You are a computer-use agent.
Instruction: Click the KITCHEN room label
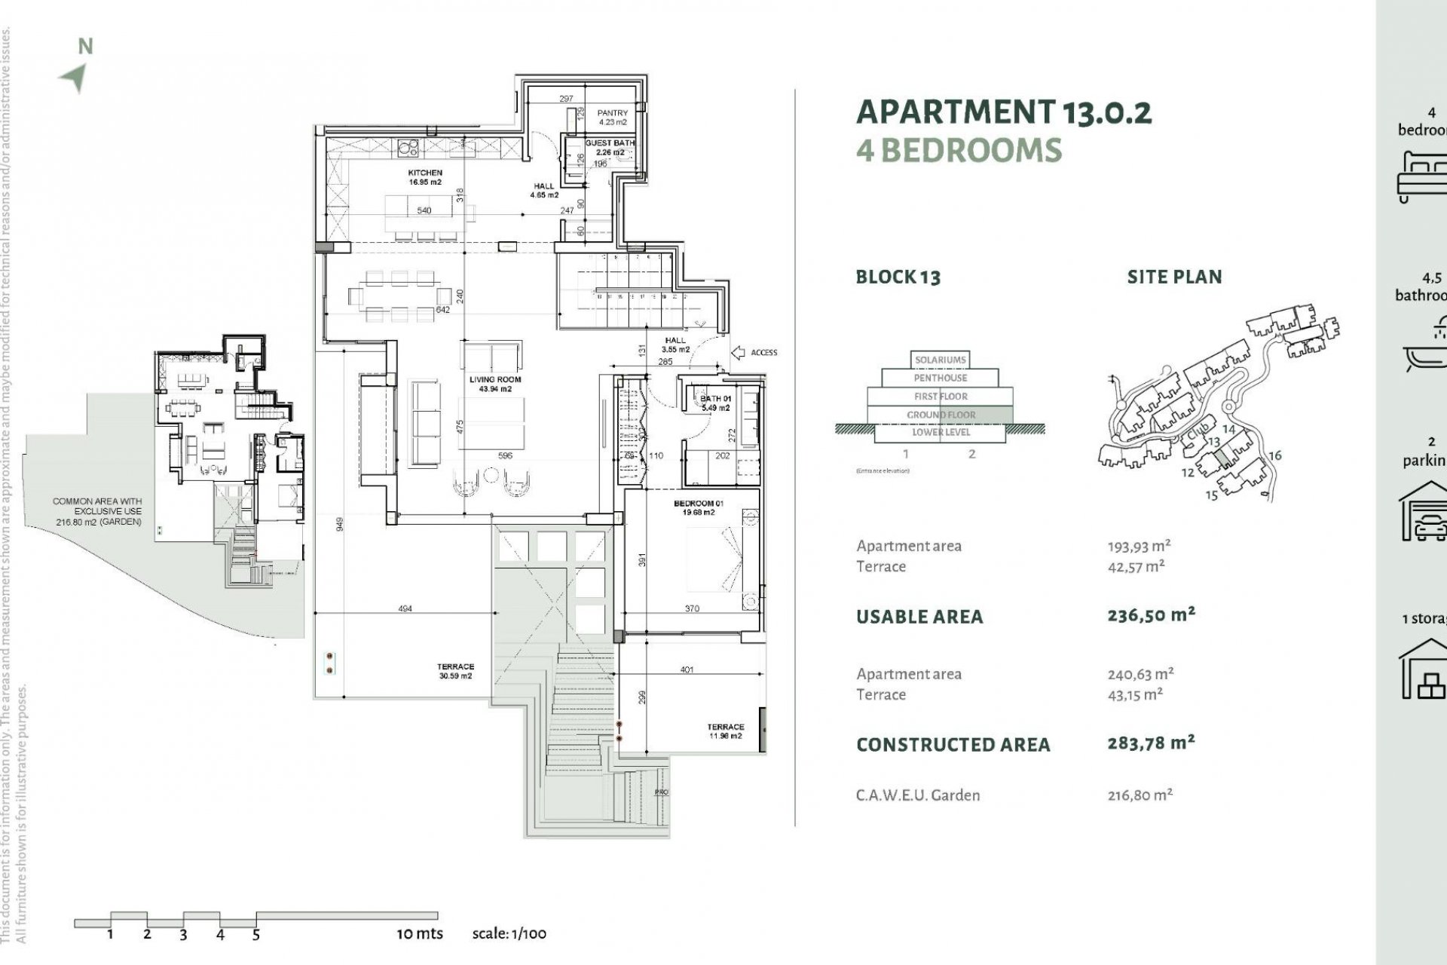(425, 173)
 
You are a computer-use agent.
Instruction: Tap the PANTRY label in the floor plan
(612, 113)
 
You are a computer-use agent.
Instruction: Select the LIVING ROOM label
(495, 380)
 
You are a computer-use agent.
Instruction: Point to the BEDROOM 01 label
(693, 504)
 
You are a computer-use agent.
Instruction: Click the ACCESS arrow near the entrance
(739, 352)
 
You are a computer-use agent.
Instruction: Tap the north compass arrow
(75, 77)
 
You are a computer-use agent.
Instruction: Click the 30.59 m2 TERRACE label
(455, 666)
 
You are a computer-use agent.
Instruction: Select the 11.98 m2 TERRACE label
(725, 728)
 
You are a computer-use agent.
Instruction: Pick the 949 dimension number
(340, 523)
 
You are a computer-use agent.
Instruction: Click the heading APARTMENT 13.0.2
(1004, 113)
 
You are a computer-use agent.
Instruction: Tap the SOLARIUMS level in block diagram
(940, 360)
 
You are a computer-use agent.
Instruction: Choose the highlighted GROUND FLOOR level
(941, 415)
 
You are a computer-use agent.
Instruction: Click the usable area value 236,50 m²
(1151, 615)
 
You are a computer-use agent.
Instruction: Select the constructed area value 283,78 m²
(1151, 743)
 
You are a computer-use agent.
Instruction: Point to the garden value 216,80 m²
(1140, 795)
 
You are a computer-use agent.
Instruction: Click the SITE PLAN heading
(1173, 277)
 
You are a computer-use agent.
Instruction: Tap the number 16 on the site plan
(1274, 455)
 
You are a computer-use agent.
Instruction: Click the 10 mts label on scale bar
(420, 933)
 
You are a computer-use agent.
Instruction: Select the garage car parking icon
(1424, 513)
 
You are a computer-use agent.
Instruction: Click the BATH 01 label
(715, 399)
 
